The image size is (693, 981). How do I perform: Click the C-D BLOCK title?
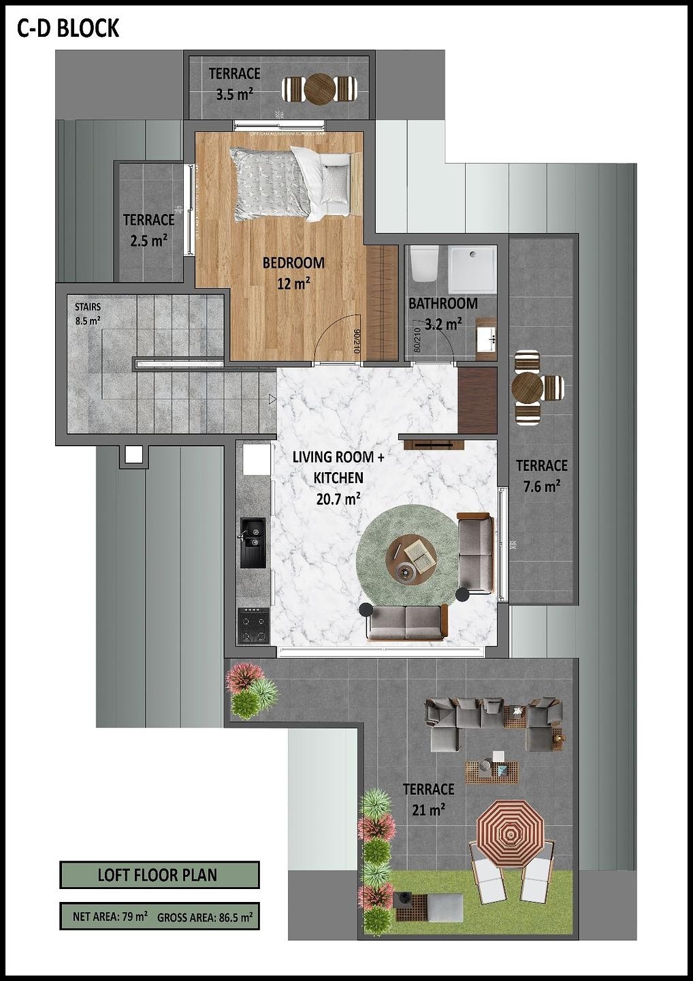pos(68,28)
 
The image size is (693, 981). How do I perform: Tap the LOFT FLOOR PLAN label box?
pos(159,875)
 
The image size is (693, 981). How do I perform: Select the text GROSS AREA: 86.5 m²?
pos(205,917)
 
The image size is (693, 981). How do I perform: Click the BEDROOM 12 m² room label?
pos(293,272)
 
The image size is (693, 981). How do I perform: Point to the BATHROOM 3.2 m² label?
pos(442,313)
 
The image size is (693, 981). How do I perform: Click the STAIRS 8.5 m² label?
pos(88,313)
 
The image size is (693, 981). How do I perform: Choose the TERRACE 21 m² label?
pos(428,798)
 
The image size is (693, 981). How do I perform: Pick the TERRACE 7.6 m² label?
pos(541,476)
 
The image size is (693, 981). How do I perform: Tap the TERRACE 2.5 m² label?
pos(148,230)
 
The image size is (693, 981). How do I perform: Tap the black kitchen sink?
pos(253,542)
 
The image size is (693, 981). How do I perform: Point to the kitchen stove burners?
pos(253,627)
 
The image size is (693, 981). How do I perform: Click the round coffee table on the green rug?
pos(408,559)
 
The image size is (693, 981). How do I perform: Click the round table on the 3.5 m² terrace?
pos(319,89)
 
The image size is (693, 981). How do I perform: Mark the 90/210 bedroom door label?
pos(357,341)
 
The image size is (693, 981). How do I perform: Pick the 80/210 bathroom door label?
pos(417,339)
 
